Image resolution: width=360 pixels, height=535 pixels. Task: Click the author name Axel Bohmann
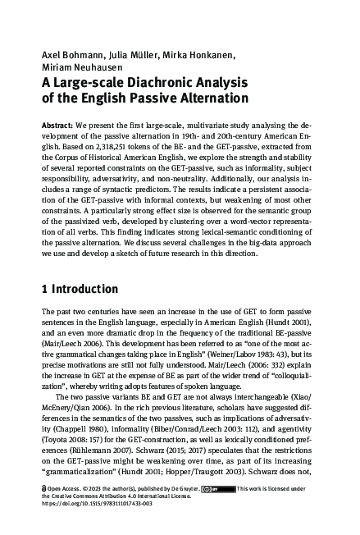coord(70,55)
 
